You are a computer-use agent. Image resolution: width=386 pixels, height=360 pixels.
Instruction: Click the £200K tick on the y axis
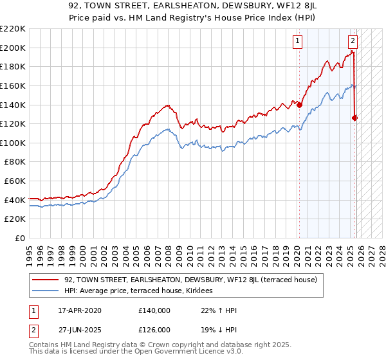[14, 48]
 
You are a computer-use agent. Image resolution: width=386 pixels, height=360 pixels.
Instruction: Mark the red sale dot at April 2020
[300, 105]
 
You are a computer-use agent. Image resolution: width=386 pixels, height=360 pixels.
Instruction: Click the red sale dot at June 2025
[355, 118]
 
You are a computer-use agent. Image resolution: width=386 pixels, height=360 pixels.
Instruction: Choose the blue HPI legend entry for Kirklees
[142, 291]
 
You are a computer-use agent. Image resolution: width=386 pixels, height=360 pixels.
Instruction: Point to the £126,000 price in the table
[154, 329]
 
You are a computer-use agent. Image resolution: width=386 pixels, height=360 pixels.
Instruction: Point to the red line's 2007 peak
[167, 105]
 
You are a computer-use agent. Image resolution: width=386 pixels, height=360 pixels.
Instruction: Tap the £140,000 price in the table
[154, 310]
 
